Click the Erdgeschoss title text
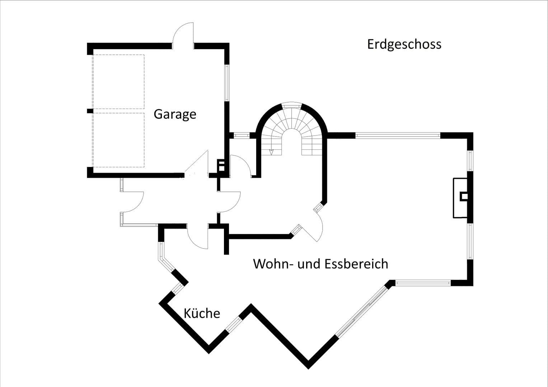(404, 44)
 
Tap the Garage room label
(175, 114)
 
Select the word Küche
(202, 314)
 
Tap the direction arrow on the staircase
(271, 152)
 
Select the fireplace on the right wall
(460, 197)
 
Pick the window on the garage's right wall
(227, 82)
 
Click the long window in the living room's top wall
(398, 135)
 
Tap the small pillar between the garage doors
(90, 111)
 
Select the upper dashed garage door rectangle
(118, 82)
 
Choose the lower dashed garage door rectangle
(118, 140)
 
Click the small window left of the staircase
(242, 135)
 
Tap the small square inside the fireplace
(464, 196)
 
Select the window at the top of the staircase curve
(291, 105)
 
